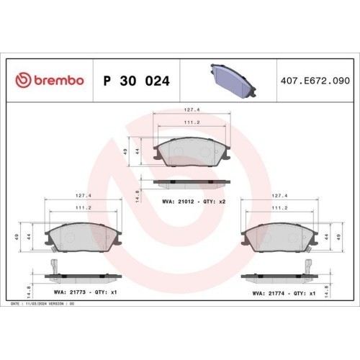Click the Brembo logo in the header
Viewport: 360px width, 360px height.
(50, 80)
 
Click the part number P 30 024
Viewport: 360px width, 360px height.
(136, 81)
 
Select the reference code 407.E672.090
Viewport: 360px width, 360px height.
(315, 81)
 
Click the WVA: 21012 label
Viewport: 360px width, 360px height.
(178, 202)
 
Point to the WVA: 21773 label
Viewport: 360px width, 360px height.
(70, 292)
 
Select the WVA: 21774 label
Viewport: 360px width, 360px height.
(269, 293)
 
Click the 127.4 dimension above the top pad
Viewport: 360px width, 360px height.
(192, 109)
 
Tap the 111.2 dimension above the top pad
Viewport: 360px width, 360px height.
(192, 122)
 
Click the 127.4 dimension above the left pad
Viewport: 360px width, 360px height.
(84, 196)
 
